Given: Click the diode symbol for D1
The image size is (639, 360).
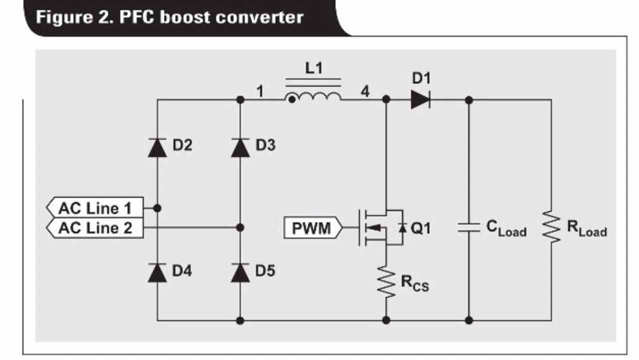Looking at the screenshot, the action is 420,99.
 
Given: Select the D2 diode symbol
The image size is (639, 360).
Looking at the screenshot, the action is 157,148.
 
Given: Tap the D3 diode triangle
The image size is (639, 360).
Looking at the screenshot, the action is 240,148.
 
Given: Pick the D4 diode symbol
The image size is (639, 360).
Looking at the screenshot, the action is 157,273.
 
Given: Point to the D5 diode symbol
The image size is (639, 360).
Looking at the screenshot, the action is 240,273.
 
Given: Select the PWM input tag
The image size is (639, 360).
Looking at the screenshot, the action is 313,228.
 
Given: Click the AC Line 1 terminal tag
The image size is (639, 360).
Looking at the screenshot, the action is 95,208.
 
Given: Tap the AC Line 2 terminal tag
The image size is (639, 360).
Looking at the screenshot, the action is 95,228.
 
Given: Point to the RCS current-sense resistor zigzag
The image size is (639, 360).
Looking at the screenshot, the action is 386,282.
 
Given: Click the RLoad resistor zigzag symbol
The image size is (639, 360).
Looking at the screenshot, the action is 552,227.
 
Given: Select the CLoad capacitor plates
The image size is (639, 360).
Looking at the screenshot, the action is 469,228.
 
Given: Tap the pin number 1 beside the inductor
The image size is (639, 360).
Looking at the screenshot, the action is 260,91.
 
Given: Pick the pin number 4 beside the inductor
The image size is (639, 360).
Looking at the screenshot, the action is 365,91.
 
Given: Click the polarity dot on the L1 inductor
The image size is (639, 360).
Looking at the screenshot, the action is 292,100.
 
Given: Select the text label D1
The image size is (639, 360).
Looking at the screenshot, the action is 421,78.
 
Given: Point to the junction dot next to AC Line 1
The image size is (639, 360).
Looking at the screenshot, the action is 157,208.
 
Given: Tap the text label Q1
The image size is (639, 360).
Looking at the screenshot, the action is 420,228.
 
